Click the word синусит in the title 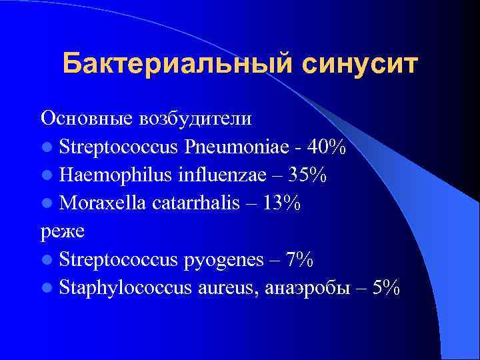361,64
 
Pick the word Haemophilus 115,175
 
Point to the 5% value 385,288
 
